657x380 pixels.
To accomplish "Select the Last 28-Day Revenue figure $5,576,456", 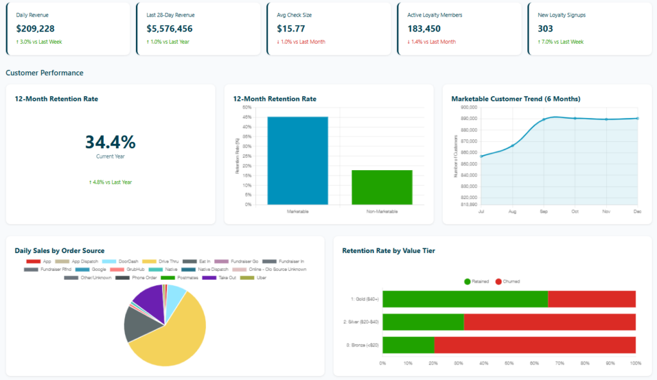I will [x=169, y=28].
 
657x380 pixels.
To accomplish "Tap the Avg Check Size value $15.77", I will [x=291, y=28].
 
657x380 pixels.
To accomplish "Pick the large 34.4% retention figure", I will [x=110, y=142].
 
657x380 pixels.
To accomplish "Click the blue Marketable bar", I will [x=298, y=160].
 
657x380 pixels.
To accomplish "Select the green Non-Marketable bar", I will [x=382, y=187].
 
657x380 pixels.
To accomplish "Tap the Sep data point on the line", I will [x=544, y=120].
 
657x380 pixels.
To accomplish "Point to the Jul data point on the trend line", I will [x=481, y=156].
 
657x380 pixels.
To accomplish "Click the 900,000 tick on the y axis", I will [x=468, y=107].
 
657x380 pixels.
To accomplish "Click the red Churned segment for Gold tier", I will [x=592, y=299].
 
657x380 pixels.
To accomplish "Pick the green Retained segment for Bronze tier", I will [x=408, y=345].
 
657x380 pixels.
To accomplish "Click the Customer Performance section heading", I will [x=44, y=73].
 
